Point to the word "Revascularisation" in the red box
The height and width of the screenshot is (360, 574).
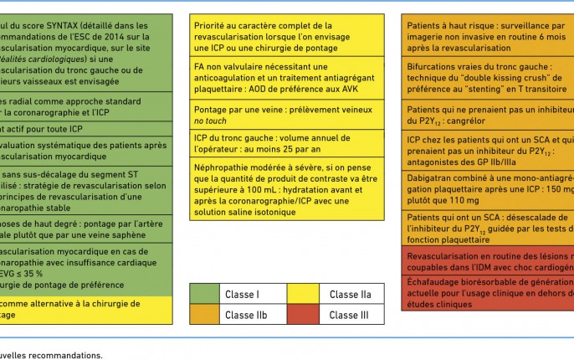(x=448, y=254)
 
